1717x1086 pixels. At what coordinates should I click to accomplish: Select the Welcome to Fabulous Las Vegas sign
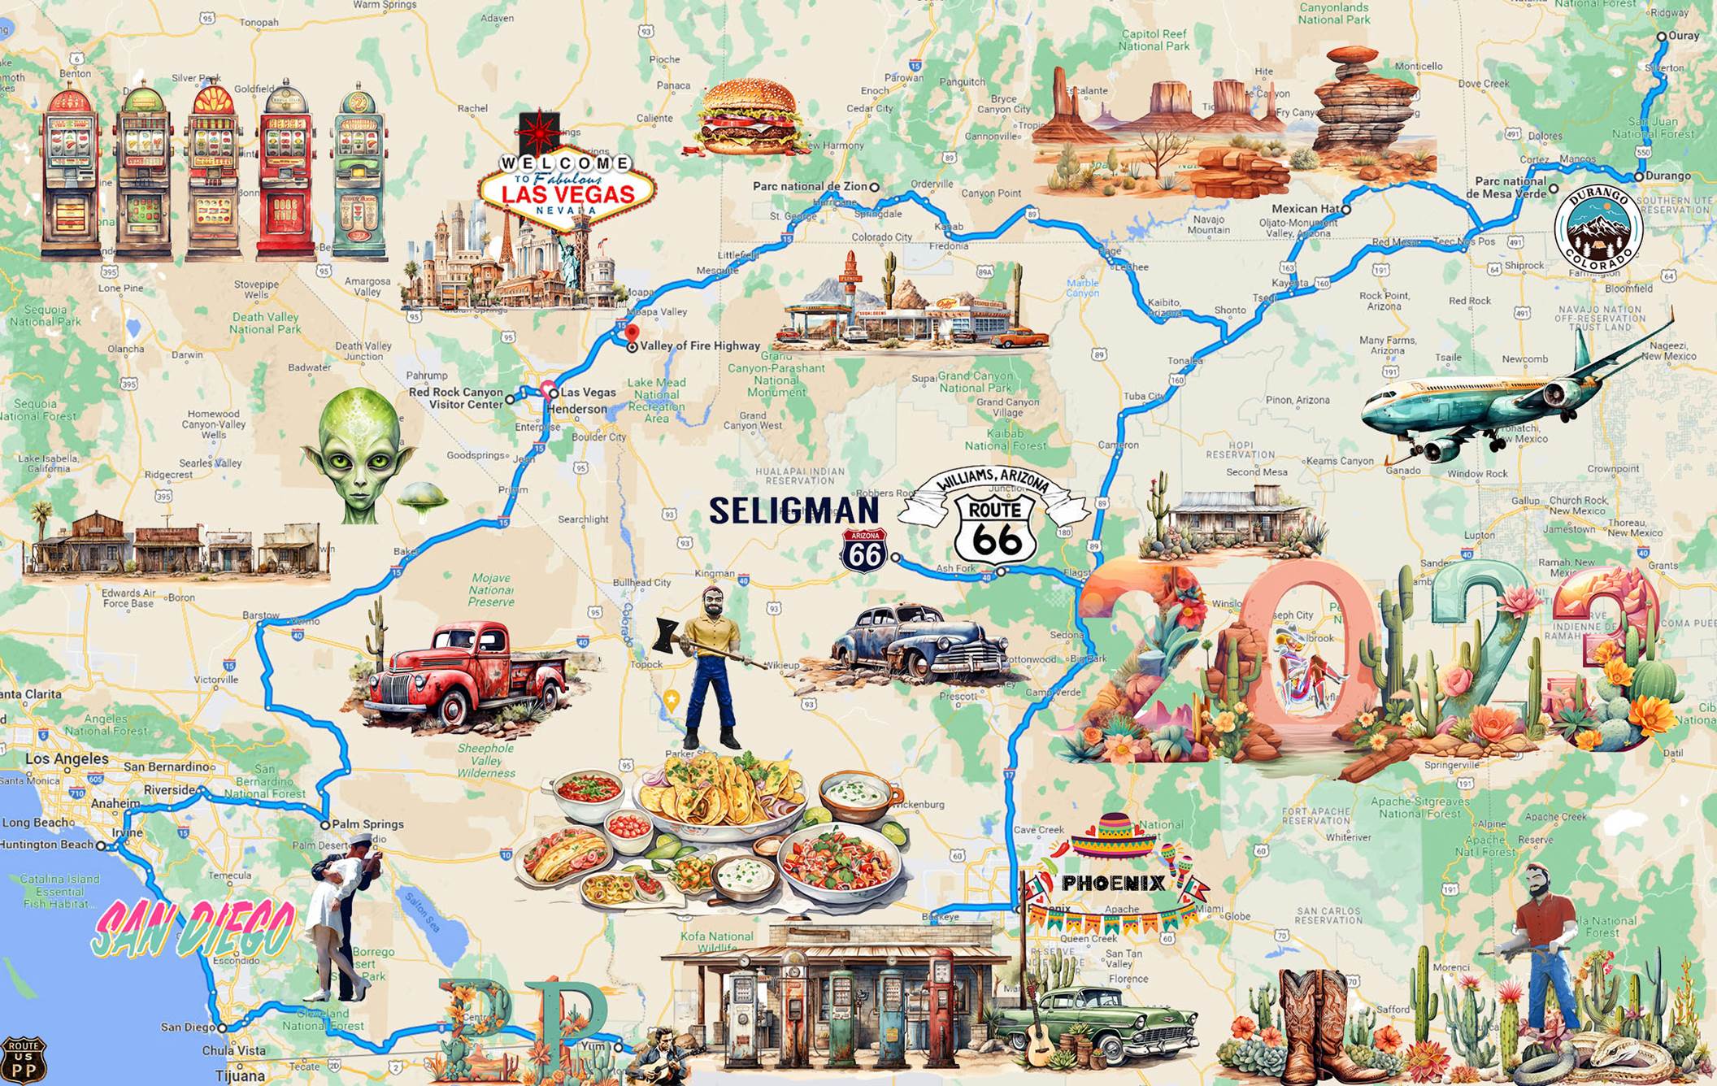566,186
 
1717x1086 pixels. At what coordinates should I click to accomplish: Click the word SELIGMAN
793,510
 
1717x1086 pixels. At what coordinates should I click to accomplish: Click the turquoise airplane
1488,398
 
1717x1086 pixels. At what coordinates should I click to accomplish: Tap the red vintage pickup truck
467,675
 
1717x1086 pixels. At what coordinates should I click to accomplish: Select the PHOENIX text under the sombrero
1113,883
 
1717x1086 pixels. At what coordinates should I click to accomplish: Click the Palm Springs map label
367,824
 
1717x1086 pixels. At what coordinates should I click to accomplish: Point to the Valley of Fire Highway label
699,346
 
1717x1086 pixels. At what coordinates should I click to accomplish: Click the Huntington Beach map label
47,845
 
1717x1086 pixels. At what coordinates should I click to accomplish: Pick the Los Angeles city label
67,759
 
